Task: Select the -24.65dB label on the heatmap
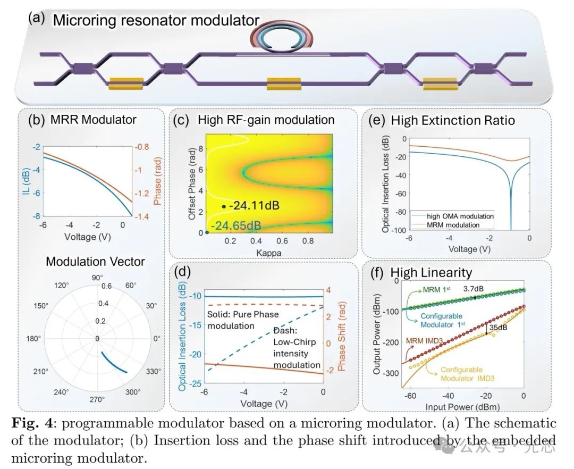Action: pos(235,227)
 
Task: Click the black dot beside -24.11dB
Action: pos(224,206)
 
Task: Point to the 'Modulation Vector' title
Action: pos(95,262)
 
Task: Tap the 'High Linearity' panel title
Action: pos(431,273)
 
